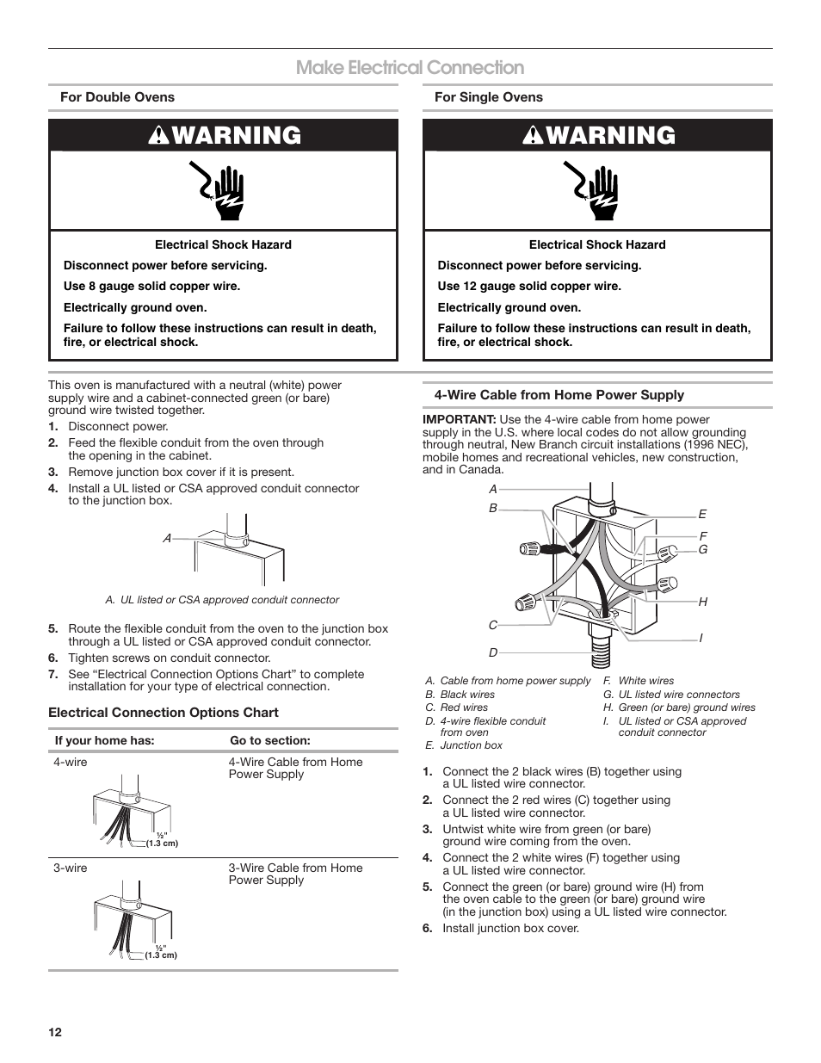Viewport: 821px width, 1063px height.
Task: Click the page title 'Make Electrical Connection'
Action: coord(410,68)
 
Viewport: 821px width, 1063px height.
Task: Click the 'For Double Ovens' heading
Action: coord(117,97)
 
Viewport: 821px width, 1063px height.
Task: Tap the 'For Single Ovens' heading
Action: coord(488,97)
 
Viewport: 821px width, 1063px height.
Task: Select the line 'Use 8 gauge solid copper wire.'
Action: coord(151,287)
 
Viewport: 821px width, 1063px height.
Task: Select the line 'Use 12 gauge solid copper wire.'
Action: coord(528,287)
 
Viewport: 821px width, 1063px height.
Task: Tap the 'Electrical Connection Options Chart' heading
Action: coord(164,713)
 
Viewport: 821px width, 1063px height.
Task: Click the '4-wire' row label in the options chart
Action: coord(70,762)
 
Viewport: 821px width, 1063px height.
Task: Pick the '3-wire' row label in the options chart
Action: coord(70,868)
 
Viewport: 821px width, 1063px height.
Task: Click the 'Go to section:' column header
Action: coord(269,740)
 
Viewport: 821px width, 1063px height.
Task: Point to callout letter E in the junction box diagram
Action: coord(702,514)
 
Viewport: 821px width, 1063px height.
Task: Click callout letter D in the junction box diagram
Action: coord(494,653)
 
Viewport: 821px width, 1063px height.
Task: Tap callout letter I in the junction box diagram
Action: coord(701,638)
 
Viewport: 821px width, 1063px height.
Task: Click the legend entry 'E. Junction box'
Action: coord(464,745)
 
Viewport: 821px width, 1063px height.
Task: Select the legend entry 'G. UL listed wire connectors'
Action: coord(671,695)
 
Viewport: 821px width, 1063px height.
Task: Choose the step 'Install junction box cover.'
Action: coord(510,928)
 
